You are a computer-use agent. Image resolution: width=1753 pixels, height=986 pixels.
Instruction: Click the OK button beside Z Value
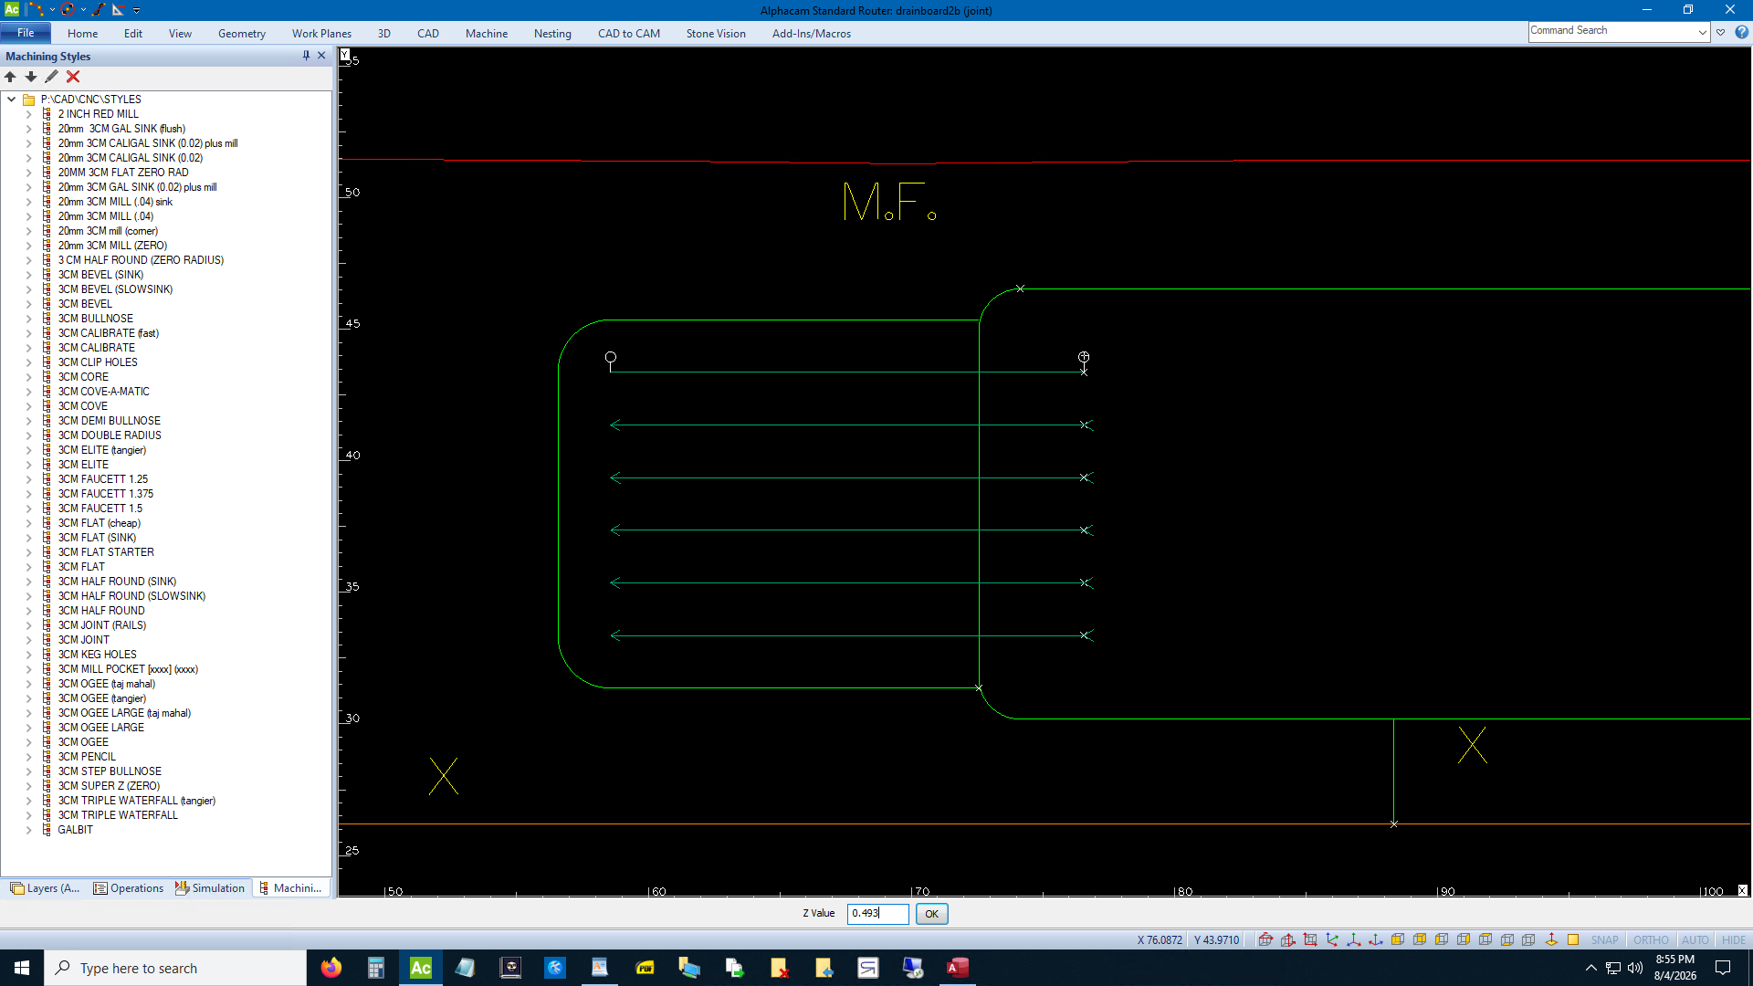click(x=931, y=914)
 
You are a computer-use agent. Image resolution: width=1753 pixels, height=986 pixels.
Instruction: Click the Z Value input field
click(x=877, y=914)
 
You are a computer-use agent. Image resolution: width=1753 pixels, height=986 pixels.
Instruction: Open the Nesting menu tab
click(x=552, y=34)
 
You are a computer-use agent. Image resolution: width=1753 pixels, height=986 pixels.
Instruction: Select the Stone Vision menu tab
click(x=716, y=34)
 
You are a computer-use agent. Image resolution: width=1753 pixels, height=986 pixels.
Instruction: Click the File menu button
click(x=26, y=33)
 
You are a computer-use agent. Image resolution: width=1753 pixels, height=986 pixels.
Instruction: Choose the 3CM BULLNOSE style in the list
click(x=96, y=319)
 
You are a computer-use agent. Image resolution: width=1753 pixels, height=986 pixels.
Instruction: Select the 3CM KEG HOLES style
click(x=98, y=655)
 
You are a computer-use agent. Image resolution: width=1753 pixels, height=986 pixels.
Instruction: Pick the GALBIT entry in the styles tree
click(x=76, y=830)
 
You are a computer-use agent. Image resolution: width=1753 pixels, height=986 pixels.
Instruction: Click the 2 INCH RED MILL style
click(x=99, y=114)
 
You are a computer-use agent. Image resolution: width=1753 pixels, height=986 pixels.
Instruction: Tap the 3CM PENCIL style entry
click(x=88, y=757)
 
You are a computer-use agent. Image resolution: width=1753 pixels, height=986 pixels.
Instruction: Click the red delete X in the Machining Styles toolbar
click(x=73, y=77)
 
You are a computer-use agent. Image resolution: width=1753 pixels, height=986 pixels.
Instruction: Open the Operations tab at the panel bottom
click(x=129, y=888)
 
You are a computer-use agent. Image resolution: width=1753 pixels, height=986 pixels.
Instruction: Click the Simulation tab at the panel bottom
click(x=210, y=888)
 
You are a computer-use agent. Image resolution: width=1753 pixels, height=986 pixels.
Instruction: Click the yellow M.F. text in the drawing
click(x=889, y=202)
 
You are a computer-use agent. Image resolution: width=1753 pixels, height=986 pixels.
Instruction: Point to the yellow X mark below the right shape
click(x=1472, y=745)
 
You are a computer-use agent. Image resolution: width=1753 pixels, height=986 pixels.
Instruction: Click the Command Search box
click(x=1612, y=31)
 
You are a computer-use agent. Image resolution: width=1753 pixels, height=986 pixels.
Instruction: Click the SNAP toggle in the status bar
click(x=1604, y=940)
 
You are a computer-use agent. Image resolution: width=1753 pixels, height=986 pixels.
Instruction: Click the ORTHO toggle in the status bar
click(x=1651, y=940)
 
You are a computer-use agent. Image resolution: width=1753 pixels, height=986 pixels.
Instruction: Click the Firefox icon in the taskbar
click(x=331, y=968)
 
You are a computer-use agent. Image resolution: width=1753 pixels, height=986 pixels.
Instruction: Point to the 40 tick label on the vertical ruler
click(x=352, y=456)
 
